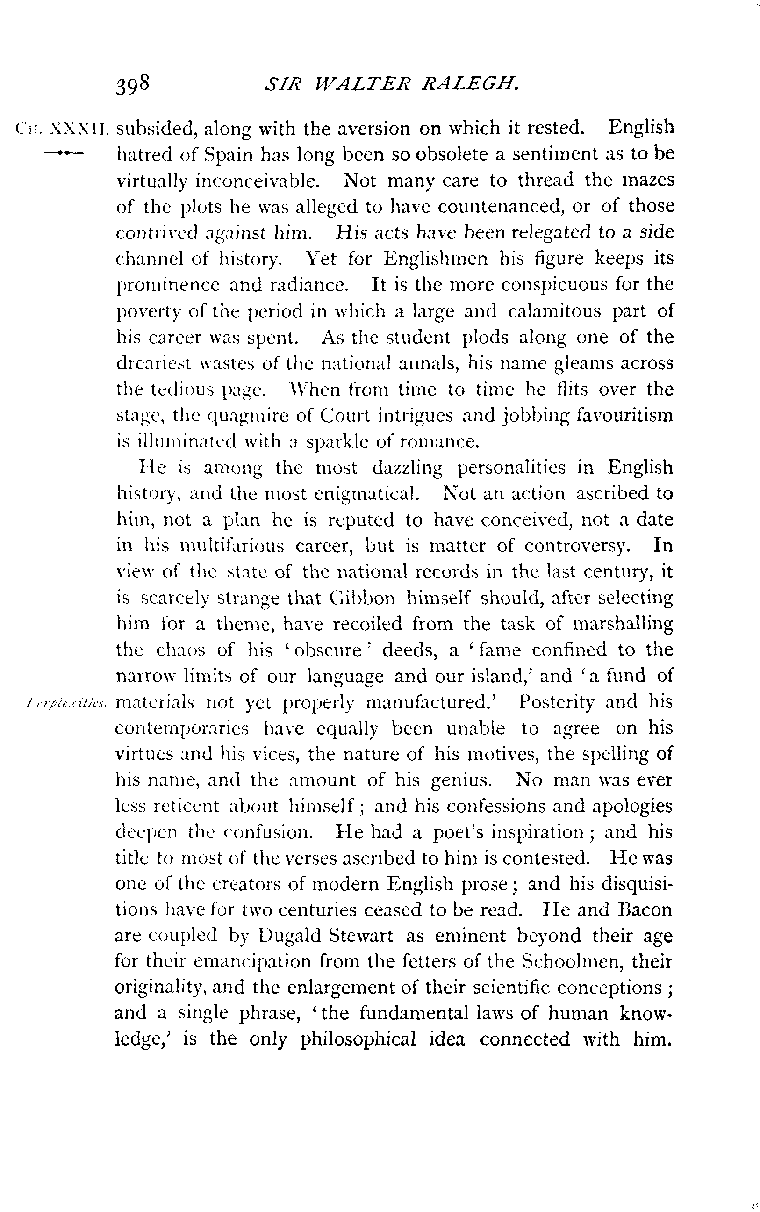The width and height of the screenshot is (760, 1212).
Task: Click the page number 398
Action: click(133, 85)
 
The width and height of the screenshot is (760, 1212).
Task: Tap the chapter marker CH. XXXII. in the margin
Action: click(62, 129)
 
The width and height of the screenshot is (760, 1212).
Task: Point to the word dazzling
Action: click(407, 468)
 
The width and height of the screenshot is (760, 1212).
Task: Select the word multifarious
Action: click(232, 546)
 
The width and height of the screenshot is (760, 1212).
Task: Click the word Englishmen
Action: click(436, 259)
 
